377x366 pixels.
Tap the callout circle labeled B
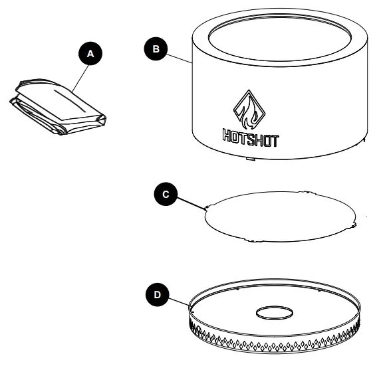point(156,48)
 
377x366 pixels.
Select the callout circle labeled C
point(166,194)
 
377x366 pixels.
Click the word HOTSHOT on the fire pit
point(250,139)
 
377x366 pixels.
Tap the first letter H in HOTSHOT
point(227,139)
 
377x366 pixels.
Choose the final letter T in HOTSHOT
point(275,140)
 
